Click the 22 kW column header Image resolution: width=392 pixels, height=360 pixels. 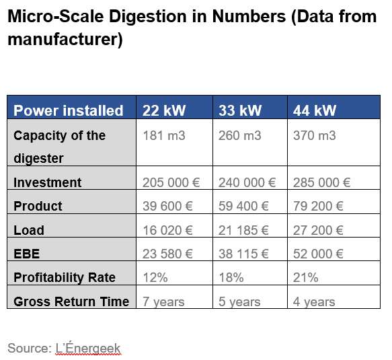tap(164, 110)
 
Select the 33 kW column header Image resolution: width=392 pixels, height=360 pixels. tap(240, 110)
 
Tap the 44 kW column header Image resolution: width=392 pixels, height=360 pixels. tap(315, 110)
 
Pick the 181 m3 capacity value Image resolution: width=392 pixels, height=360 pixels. tap(164, 136)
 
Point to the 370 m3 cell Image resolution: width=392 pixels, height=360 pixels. tap(315, 136)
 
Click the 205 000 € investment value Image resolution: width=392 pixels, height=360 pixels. tap(171, 182)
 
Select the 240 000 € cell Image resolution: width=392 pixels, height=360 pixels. tap(247, 182)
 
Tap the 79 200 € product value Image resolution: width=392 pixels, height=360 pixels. tap(318, 206)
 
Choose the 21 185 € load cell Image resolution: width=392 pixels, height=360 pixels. tap(243, 230)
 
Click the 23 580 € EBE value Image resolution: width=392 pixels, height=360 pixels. tap(167, 254)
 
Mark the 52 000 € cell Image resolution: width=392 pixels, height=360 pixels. tap(318, 254)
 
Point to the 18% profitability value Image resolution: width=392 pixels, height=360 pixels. tap(231, 277)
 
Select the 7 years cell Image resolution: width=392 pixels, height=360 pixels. tap(163, 301)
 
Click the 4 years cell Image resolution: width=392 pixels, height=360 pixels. tap(314, 301)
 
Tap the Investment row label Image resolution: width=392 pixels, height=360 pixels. tap(48, 182)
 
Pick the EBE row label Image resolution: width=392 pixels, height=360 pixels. tap(26, 254)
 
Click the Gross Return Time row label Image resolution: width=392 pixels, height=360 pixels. tap(71, 301)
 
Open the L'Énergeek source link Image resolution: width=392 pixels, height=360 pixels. tap(88, 348)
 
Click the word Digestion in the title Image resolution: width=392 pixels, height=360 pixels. tap(148, 17)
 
